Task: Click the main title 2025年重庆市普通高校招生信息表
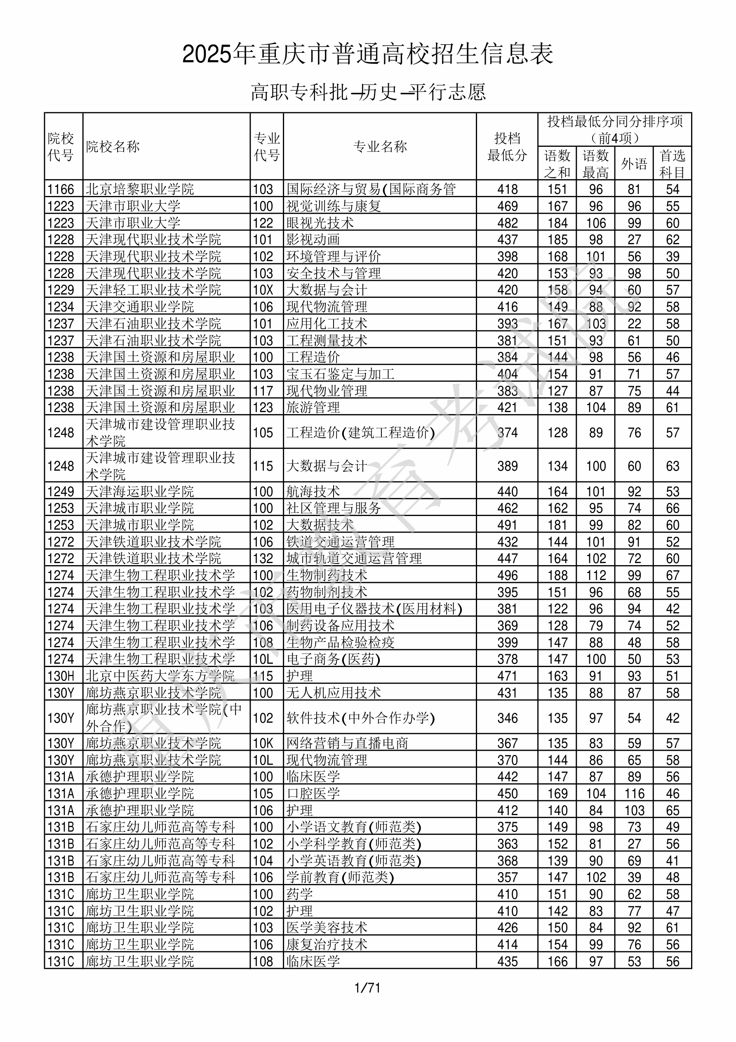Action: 367,54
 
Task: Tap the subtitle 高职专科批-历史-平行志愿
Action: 368,92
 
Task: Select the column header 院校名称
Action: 113,146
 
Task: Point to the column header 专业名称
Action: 380,146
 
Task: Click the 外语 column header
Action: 634,163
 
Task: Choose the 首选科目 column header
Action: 672,163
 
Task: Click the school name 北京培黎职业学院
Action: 140,189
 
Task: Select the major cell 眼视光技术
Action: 320,223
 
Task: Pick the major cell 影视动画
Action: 313,240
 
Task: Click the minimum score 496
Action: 507,575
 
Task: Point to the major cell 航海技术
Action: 313,491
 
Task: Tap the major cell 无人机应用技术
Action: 334,693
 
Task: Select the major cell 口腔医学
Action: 313,794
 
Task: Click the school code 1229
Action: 61,290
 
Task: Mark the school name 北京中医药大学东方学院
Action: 160,676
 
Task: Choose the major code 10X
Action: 263,290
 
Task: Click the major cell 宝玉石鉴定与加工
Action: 340,374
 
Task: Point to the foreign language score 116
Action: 634,794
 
